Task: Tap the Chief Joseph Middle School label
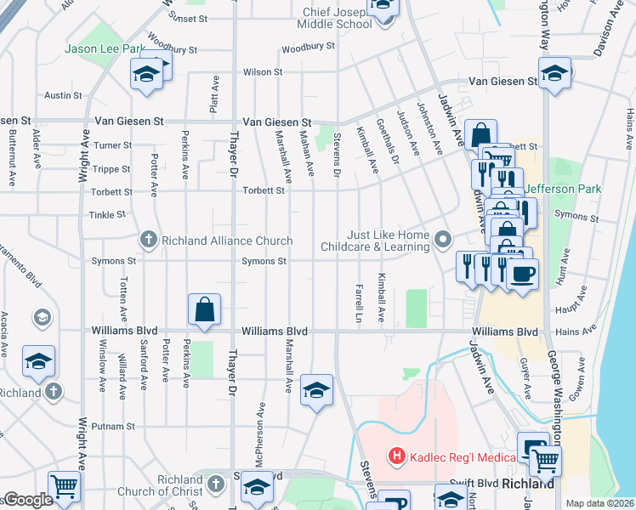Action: click(x=338, y=18)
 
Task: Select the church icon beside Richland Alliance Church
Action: click(x=149, y=241)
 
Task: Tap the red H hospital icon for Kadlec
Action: click(x=395, y=457)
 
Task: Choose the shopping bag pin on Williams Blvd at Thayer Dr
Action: click(x=205, y=310)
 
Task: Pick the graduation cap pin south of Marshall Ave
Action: click(x=316, y=390)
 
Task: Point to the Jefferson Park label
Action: click(x=562, y=188)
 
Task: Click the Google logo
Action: click(x=27, y=500)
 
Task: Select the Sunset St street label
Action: click(x=188, y=18)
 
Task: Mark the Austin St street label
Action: click(x=63, y=95)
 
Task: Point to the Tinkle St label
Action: click(x=108, y=215)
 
